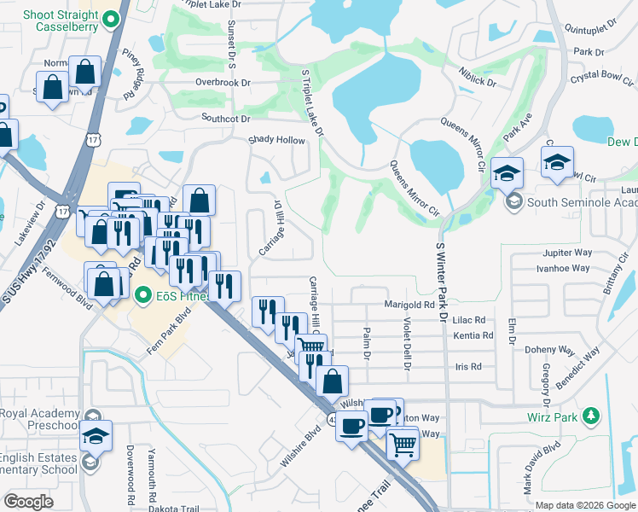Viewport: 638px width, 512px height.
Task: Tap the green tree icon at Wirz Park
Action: coord(589,417)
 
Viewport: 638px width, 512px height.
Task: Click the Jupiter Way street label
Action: coord(566,253)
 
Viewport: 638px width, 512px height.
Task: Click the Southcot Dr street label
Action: coord(225,119)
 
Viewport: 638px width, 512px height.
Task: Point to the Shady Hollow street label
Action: coord(275,140)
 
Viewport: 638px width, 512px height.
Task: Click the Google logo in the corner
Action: coord(28,502)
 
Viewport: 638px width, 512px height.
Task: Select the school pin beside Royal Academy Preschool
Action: coord(96,434)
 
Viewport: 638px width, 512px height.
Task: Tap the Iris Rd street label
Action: coord(469,366)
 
